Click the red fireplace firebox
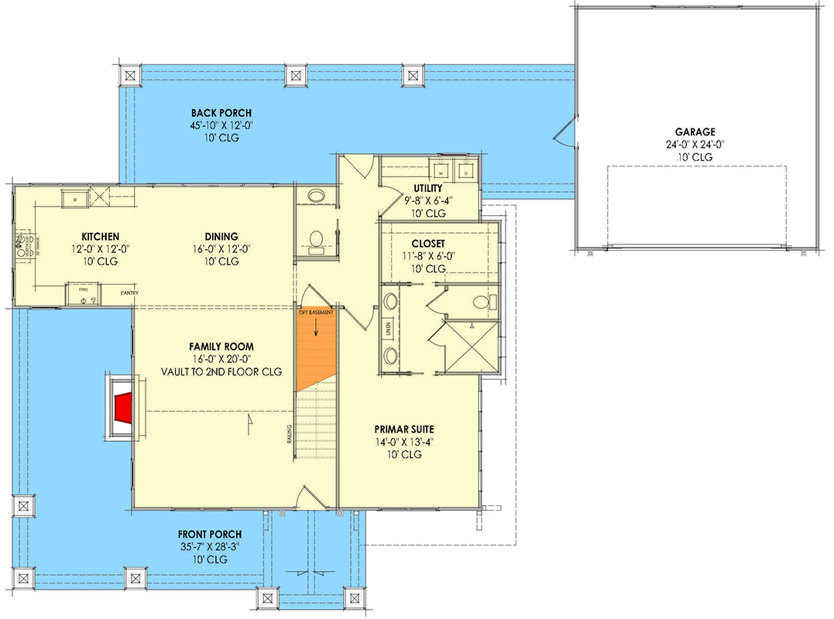121,408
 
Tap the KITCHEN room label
101,236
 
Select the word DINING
221,236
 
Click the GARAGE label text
694,132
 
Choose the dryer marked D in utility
466,172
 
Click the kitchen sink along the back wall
76,198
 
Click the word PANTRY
129,293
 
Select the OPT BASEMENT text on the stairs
316,313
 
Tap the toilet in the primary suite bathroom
481,300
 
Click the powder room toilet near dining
315,241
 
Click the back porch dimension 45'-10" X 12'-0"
222,125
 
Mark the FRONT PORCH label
210,534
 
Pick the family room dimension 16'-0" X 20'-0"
222,359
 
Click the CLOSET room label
428,243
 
